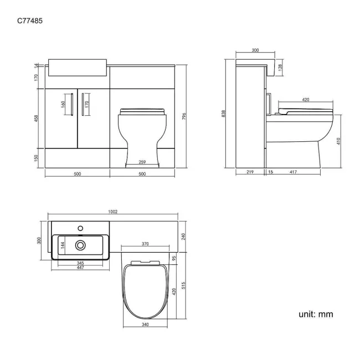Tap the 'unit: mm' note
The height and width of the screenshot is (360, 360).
click(x=316, y=314)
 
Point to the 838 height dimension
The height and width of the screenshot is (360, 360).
click(x=224, y=114)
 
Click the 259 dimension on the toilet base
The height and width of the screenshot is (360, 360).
click(x=142, y=162)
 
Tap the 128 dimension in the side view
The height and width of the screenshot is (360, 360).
click(x=280, y=66)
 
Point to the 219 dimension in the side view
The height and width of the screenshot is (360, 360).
click(x=249, y=173)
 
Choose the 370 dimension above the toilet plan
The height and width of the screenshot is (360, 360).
click(x=145, y=244)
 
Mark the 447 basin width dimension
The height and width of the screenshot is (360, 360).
click(x=80, y=268)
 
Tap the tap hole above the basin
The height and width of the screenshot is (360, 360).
click(x=81, y=227)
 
